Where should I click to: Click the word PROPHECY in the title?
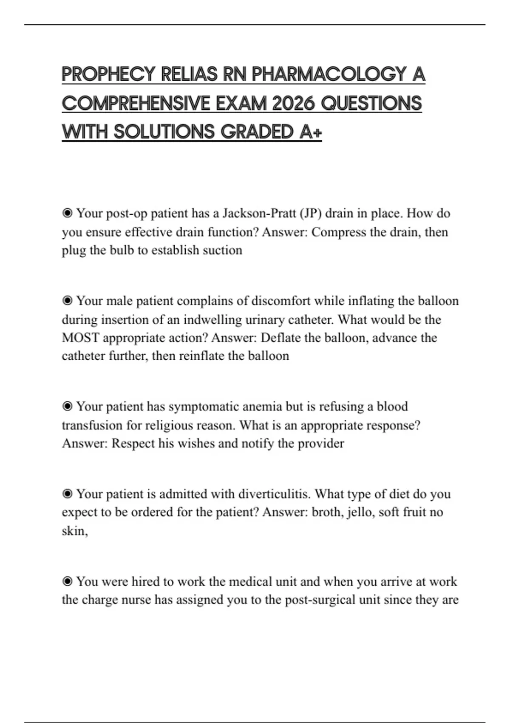coord(108,74)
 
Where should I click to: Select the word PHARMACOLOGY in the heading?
coord(329,74)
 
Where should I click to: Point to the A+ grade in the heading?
coord(311,132)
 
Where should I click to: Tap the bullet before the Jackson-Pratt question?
coord(67,213)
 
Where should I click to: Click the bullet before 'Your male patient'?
coord(67,301)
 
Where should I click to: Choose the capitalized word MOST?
coord(80,338)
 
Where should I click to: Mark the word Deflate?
coord(280,338)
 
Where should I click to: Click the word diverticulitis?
coord(274,494)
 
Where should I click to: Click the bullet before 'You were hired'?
coord(67,581)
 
